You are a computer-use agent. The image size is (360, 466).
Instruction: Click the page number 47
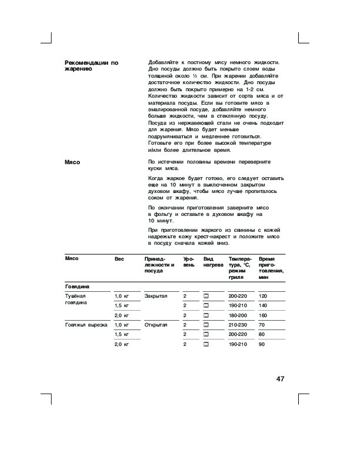pos(279,378)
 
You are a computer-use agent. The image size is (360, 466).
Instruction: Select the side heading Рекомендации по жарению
pos(91,65)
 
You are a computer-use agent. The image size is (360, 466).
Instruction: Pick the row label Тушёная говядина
pos(76,299)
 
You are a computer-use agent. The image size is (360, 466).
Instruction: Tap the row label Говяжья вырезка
pos(86,325)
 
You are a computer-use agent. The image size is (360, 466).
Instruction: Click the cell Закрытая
pos(156,295)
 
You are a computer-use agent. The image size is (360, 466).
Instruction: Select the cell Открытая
pos(156,325)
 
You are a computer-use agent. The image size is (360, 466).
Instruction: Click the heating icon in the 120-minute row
pos(206,295)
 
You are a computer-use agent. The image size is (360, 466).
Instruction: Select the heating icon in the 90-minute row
pos(206,344)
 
